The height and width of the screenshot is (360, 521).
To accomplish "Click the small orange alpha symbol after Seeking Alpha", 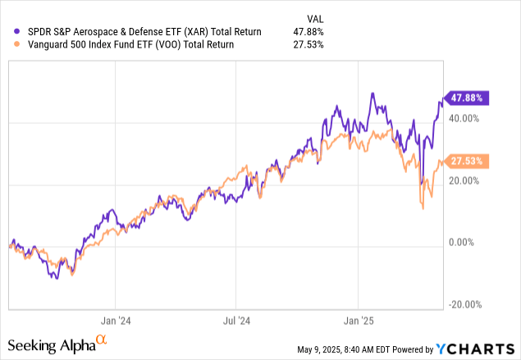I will tap(101, 339).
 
